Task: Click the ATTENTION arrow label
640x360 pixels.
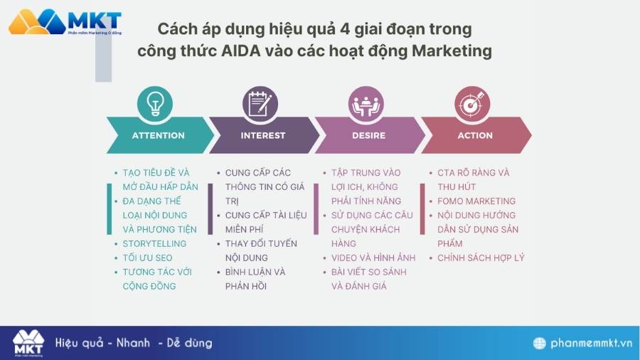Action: tap(158, 135)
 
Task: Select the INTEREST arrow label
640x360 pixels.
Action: tap(262, 135)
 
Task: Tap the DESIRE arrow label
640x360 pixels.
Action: tap(368, 135)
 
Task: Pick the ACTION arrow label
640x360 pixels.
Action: tap(475, 135)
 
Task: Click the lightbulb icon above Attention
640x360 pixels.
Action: tap(154, 104)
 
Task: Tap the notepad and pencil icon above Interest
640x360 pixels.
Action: tap(260, 104)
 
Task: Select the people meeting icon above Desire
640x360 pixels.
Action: tap(366, 104)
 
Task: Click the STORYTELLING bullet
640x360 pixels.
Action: tap(154, 243)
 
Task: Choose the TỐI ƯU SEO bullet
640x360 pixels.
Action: tap(147, 258)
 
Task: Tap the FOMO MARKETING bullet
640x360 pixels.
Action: tap(476, 201)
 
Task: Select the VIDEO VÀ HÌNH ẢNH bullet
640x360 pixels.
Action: tap(373, 258)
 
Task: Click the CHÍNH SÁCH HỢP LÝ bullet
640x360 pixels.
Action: tap(481, 258)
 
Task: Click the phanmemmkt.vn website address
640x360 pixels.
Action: tap(591, 343)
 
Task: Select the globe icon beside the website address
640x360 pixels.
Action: tap(540, 343)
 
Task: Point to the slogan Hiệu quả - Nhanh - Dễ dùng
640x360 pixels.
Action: tap(134, 343)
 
